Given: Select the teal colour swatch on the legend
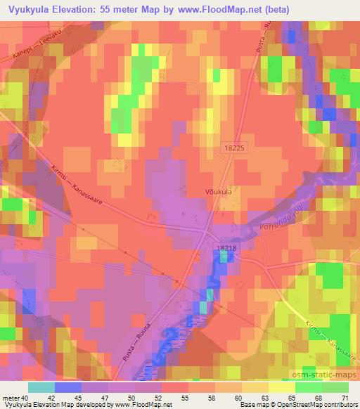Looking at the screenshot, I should (x=41, y=387).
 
